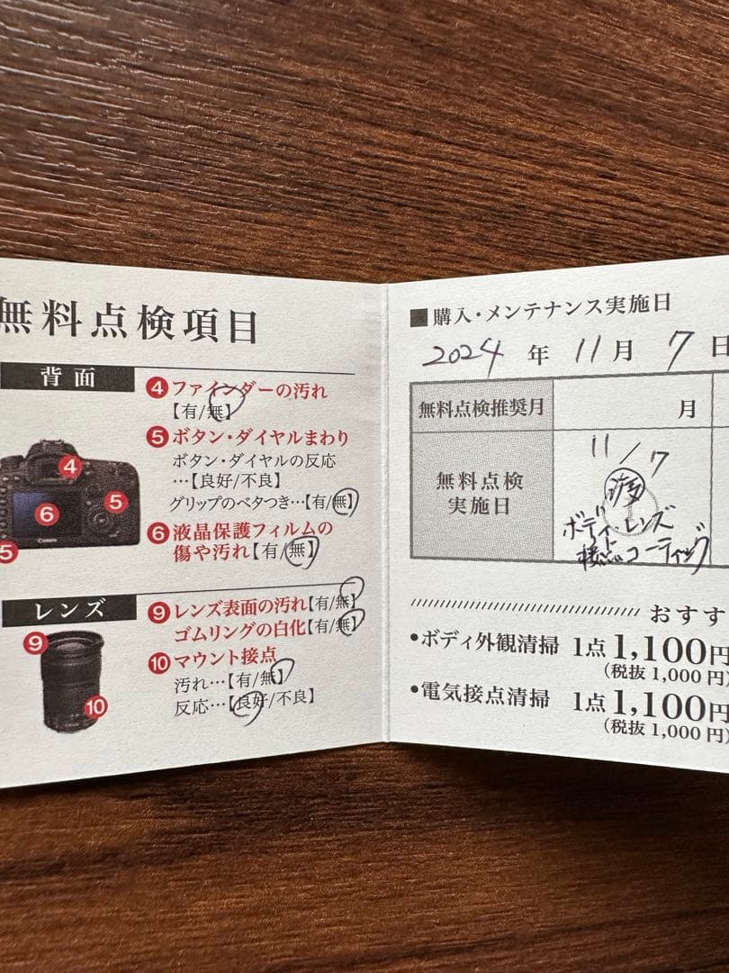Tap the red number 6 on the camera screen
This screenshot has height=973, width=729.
point(48,514)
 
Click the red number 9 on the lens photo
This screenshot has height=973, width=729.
point(36,643)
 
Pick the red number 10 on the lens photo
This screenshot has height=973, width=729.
point(95,707)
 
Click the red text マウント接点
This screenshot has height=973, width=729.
point(225,658)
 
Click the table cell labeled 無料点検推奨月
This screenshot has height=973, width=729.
point(481,407)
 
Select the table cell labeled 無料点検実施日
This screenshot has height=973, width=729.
point(481,494)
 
